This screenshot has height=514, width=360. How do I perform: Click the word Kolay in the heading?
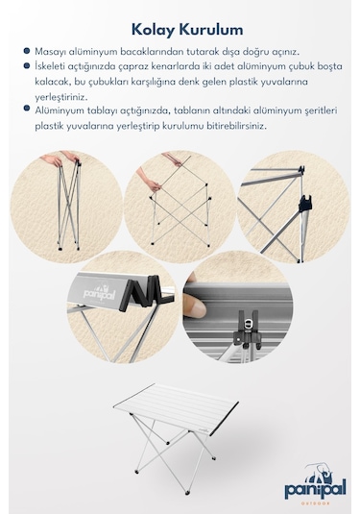pos(153,30)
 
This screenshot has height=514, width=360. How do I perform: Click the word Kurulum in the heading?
pos(211,30)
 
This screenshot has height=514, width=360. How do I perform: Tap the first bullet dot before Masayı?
pos(27,51)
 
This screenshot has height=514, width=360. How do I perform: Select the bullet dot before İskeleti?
pos(27,66)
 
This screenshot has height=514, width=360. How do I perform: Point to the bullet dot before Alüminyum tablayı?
pos(27,109)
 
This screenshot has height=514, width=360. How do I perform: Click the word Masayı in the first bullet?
pos(49,52)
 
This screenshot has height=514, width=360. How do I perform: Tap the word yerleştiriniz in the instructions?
pos(58,97)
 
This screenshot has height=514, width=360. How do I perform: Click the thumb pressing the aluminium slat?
pos(194,306)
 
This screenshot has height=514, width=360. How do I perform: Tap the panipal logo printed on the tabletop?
pos(99,293)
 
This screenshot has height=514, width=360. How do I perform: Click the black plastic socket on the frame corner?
pos(304,203)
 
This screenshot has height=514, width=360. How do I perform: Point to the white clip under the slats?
pos(250,323)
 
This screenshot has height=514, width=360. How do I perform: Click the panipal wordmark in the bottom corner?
pos(315,488)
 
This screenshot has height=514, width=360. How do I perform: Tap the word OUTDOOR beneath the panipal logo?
pos(316,503)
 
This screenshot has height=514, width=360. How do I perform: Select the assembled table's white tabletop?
pos(177,408)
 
